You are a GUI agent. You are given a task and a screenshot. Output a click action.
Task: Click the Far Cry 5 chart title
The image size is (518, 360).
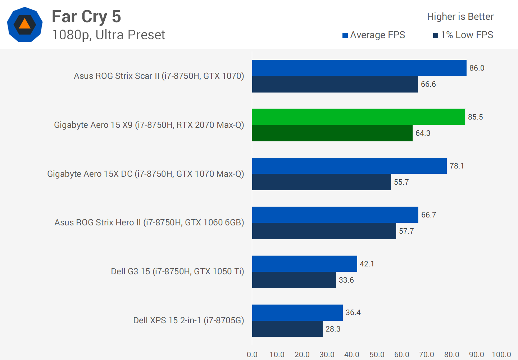point(86,17)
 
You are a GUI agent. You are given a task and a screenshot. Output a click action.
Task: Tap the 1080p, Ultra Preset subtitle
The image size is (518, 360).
point(108,35)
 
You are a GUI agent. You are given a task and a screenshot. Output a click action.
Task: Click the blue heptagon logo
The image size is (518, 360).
point(25,24)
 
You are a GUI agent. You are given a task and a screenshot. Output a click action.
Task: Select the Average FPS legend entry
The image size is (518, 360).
point(374,35)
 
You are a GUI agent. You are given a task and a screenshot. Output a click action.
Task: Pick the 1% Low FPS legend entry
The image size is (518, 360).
point(463,35)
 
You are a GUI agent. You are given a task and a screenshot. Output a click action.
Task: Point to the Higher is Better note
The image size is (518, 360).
point(460,17)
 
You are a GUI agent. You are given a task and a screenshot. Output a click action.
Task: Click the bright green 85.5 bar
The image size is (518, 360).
point(358,117)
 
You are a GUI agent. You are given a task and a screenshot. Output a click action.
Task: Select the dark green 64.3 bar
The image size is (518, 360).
point(332,133)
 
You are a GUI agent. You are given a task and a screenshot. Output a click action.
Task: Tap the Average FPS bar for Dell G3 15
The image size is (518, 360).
point(304,264)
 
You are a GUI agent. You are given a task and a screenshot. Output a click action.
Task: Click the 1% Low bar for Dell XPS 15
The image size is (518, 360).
point(287,329)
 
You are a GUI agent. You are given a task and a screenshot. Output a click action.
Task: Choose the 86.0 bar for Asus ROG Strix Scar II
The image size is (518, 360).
point(359,68)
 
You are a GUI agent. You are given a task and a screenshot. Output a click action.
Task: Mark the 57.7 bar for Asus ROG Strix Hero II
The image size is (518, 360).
point(324,231)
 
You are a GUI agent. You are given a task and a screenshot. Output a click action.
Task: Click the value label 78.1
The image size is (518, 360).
point(457,166)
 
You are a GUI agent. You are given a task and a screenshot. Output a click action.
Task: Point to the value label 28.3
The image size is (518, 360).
point(333,329)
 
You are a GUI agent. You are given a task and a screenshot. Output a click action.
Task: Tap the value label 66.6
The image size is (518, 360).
point(428,84)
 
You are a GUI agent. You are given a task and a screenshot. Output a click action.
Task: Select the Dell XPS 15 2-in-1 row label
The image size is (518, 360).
point(188,320)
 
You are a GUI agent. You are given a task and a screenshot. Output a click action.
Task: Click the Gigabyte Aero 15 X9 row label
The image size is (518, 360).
point(149,125)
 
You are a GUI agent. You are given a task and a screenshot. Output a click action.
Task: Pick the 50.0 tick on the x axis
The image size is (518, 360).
point(377,355)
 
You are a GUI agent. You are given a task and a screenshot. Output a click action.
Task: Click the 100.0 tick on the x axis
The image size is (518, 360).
point(501,355)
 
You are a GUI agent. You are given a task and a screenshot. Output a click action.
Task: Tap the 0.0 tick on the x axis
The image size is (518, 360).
point(252,355)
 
